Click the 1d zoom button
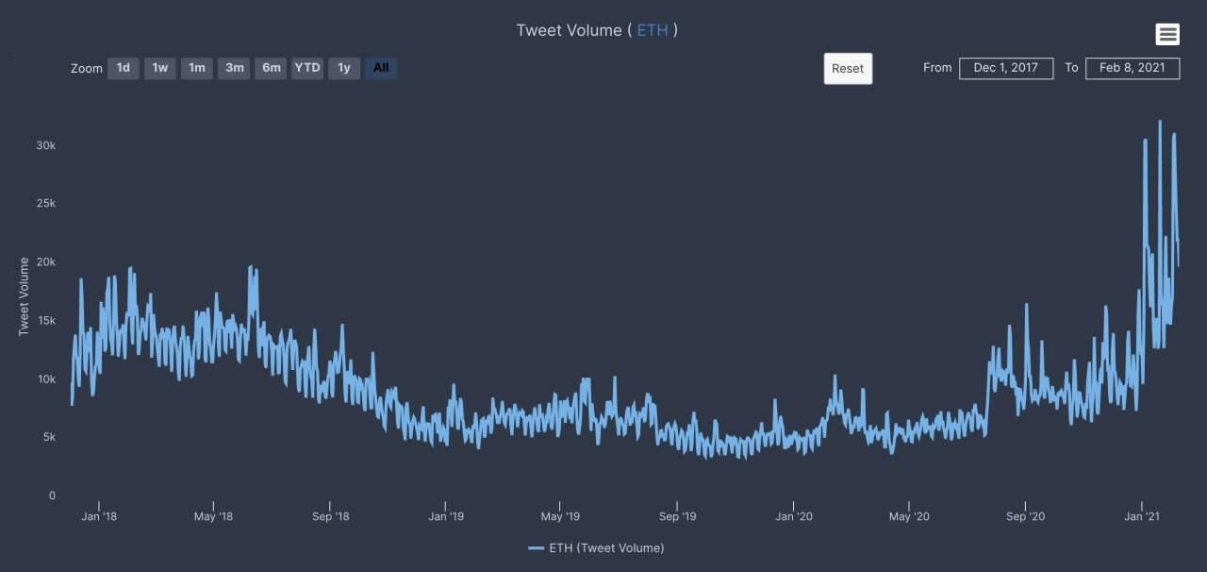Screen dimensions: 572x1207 124,68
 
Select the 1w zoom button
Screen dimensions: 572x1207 160,68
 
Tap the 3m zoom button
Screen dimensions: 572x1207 234,68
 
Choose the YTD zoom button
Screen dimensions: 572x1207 307,68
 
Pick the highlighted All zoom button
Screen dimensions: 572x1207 381,68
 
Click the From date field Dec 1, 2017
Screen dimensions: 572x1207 1006,68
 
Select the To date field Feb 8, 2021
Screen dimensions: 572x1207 1133,68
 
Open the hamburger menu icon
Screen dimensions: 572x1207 1167,34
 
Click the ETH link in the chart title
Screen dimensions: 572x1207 653,30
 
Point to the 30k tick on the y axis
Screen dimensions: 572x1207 46,145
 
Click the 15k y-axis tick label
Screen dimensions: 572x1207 46,321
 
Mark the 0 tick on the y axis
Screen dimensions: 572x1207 52,496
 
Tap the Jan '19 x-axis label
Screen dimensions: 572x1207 446,516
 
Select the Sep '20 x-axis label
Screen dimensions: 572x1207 1025,516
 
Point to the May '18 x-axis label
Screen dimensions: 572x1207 213,516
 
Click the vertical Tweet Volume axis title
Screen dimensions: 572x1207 25,295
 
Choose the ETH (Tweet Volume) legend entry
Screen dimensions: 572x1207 596,548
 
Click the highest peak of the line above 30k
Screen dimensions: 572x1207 1160,122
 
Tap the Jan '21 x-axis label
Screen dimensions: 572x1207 1141,516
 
